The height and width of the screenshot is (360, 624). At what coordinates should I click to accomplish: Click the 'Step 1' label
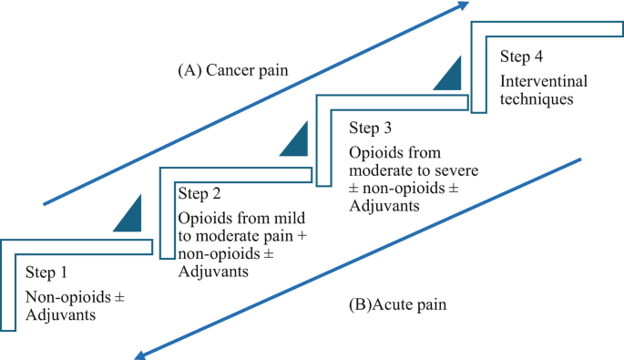point(46,273)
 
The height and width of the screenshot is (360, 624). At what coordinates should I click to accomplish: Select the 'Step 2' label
point(200,192)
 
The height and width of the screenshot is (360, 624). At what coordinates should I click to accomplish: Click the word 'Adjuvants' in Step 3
point(384,207)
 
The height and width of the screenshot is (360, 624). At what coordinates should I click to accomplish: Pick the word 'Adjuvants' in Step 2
point(213,272)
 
